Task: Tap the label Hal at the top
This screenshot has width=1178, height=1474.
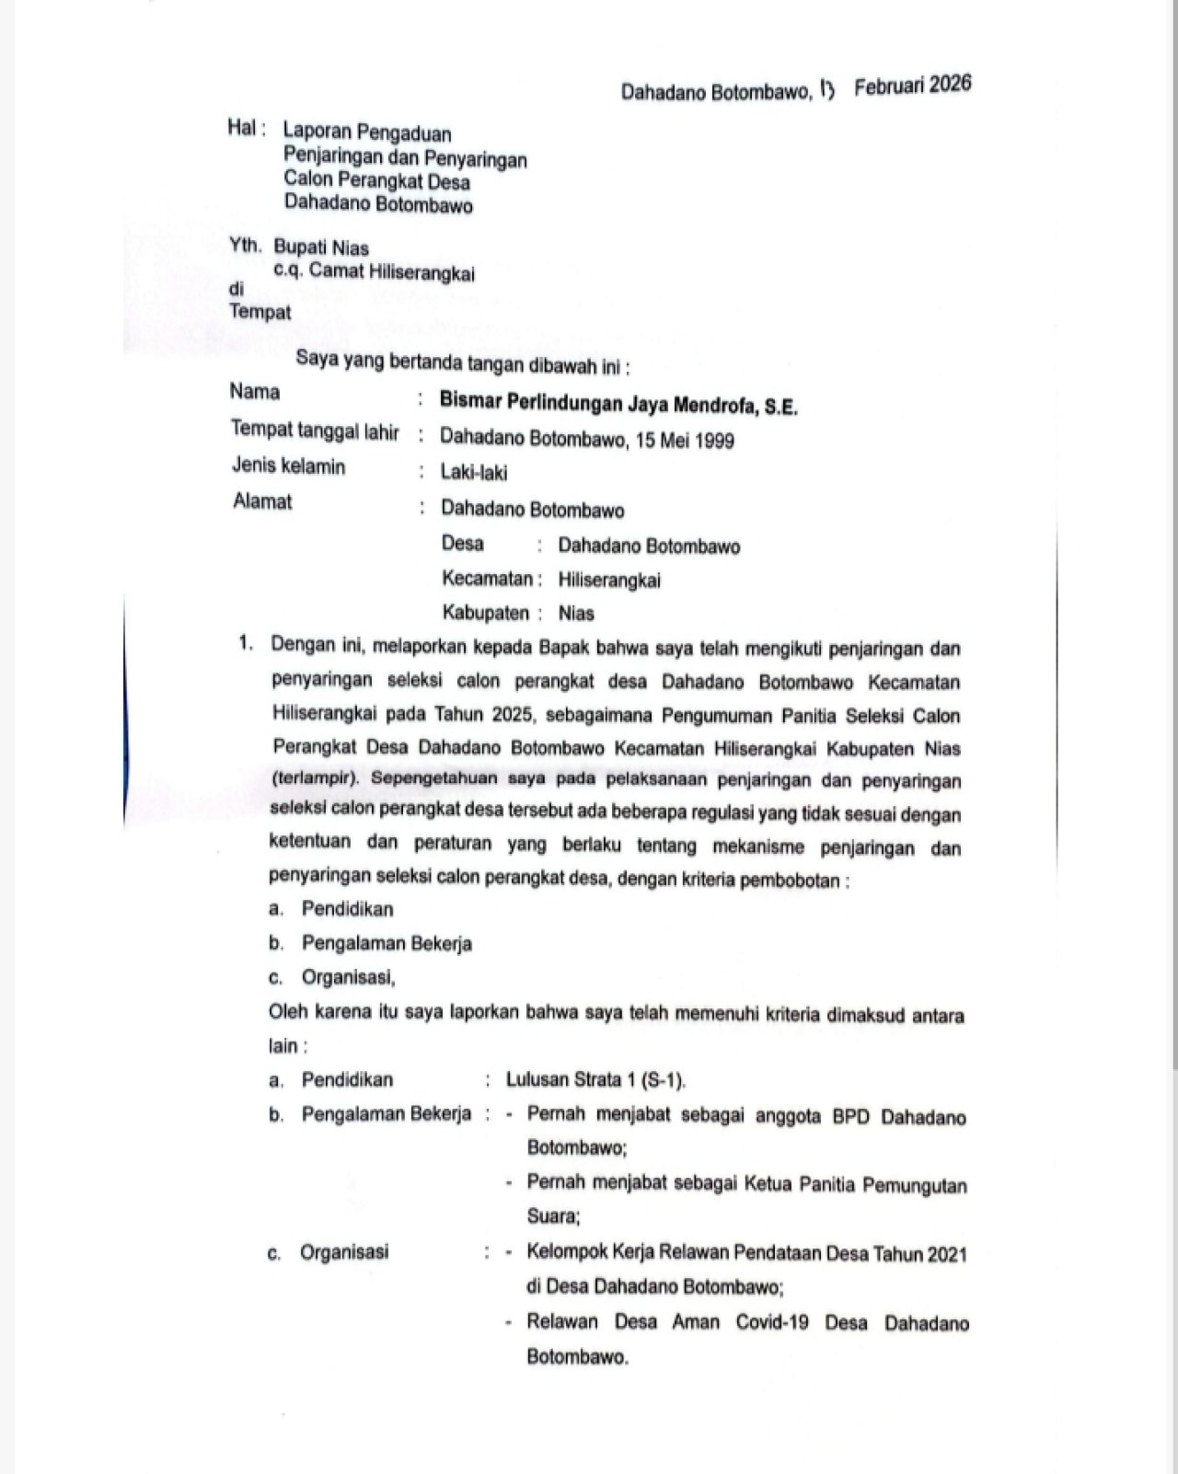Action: (243, 128)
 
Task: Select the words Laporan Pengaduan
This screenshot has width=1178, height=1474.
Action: (367, 132)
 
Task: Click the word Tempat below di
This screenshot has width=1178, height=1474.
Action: (260, 311)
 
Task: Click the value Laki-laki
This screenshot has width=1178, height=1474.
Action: (473, 473)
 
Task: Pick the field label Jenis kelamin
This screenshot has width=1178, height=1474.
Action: (288, 466)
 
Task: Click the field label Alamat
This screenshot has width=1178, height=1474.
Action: (262, 501)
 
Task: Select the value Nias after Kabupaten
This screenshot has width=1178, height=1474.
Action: (576, 613)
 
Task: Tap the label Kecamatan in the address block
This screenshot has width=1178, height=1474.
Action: (488, 580)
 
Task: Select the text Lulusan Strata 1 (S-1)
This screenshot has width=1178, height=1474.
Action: (595, 1079)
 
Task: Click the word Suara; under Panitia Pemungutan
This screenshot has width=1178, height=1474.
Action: (553, 1216)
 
